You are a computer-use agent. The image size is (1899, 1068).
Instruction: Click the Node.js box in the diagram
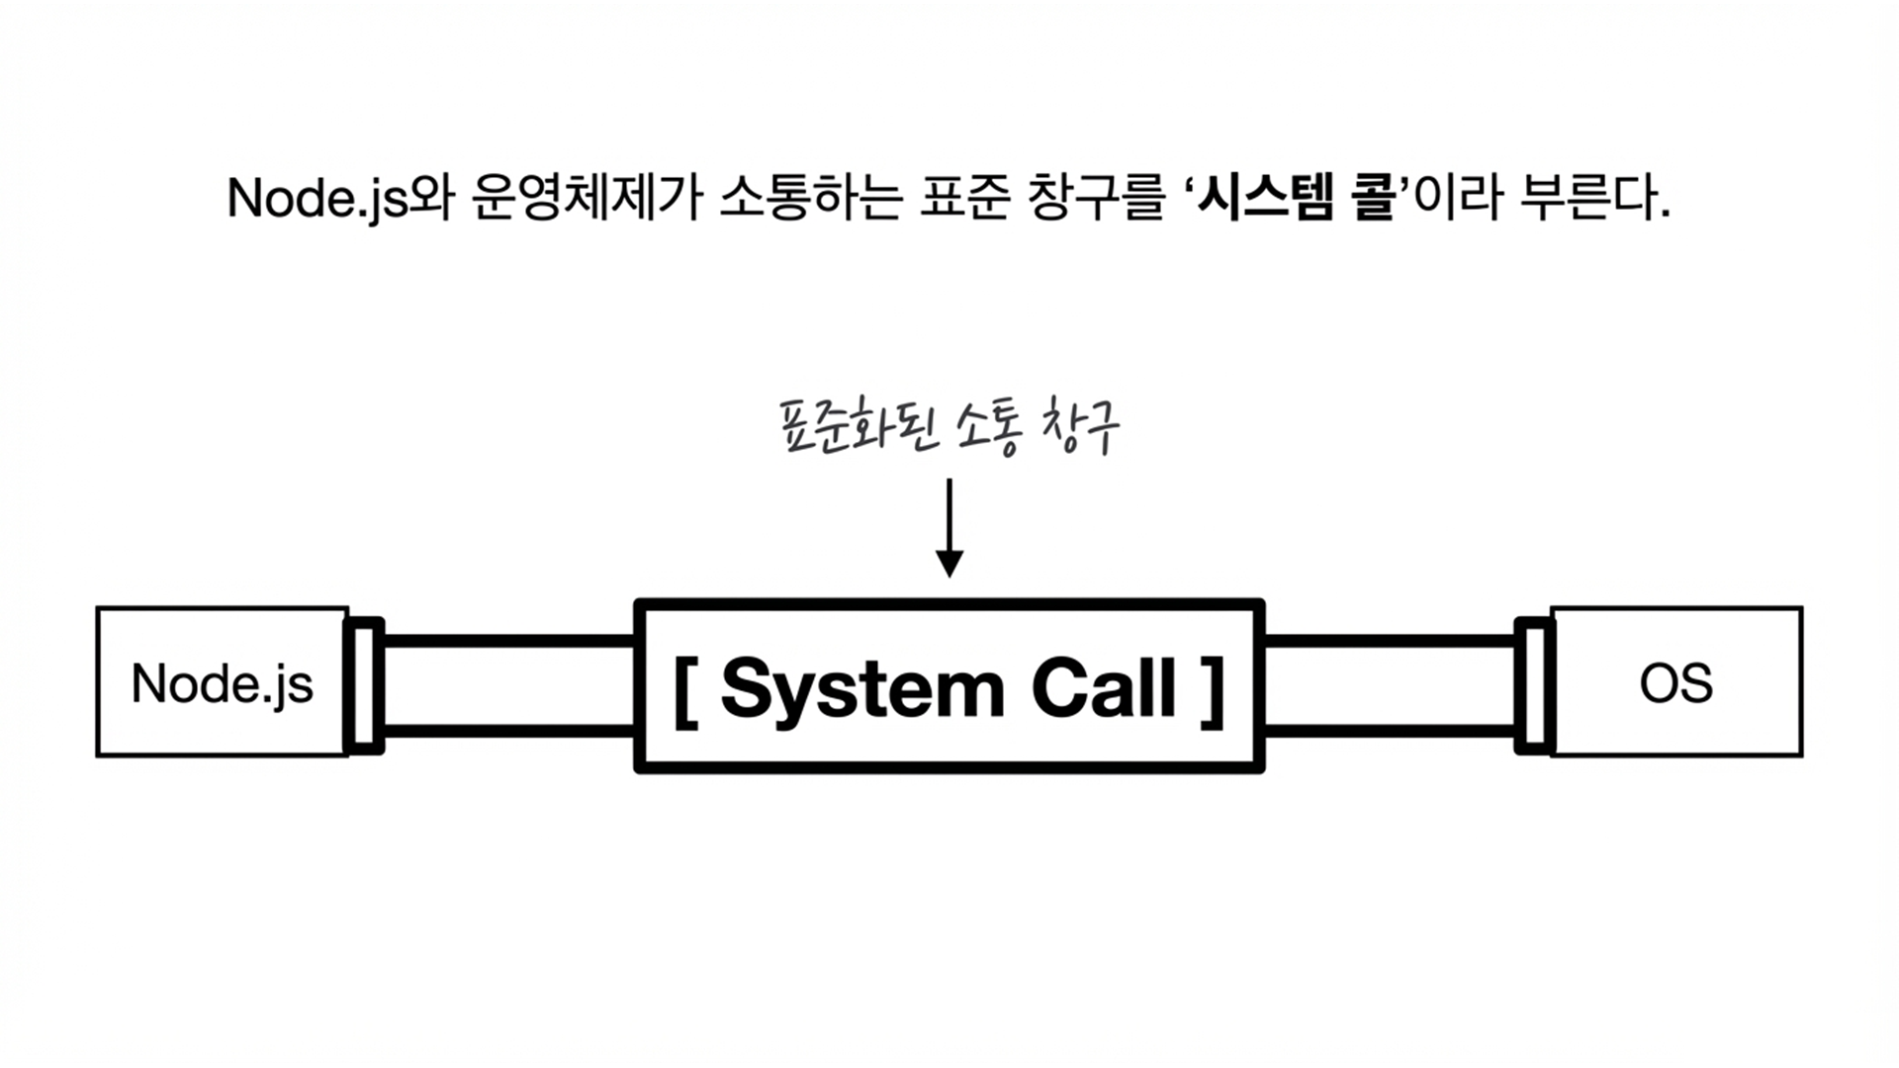(x=223, y=682)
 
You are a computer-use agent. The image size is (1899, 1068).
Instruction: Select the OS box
(x=1676, y=682)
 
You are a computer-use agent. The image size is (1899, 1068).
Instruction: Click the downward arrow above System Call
(x=949, y=528)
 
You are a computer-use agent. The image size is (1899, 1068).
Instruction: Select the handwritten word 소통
(x=987, y=429)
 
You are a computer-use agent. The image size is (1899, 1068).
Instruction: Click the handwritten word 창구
(x=1080, y=429)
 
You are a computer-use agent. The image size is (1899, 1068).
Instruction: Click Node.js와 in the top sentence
(x=339, y=198)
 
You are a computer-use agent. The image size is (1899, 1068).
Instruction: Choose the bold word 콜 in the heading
(x=1371, y=198)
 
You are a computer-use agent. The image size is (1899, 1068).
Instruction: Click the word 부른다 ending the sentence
(x=1592, y=198)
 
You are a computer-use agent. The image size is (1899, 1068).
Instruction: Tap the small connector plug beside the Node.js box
(x=364, y=684)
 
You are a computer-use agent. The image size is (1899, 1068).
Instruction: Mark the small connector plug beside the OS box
(x=1534, y=684)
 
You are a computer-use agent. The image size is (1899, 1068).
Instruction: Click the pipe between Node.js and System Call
(x=508, y=685)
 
